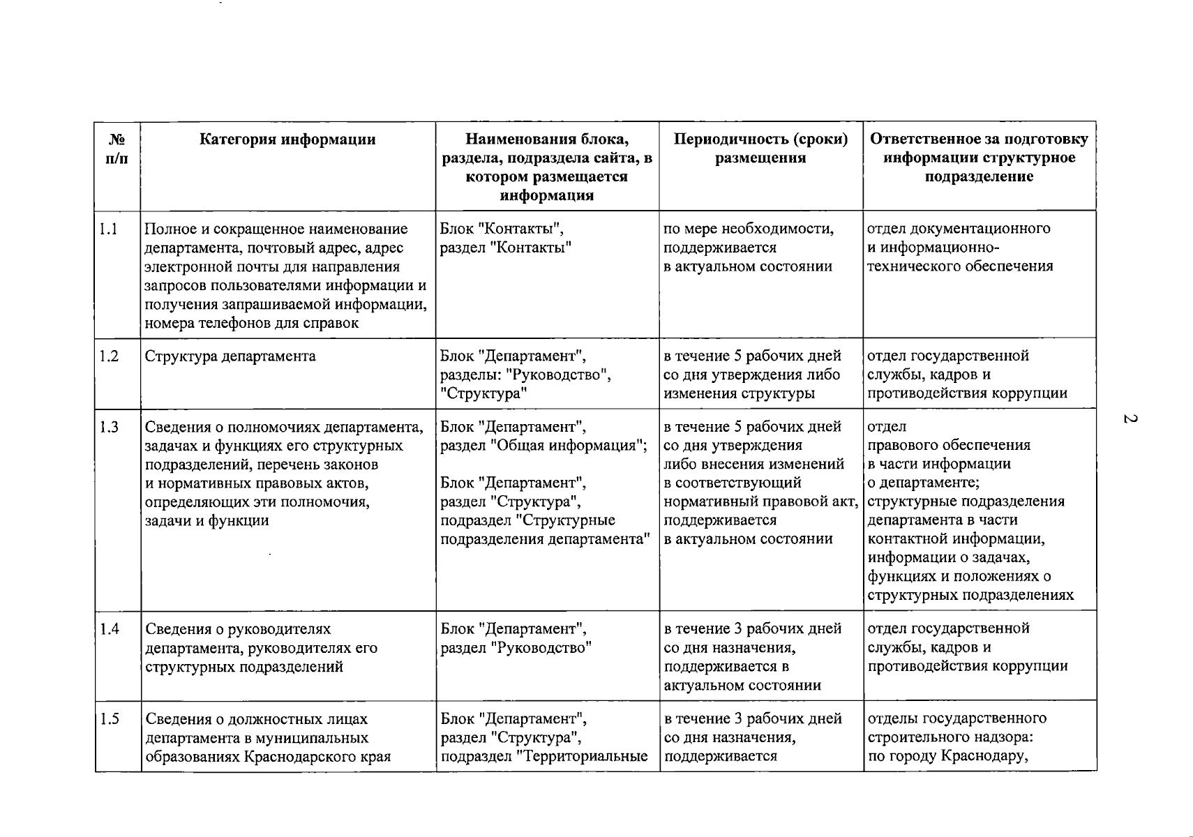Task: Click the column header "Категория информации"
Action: point(287,139)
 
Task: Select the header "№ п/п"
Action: point(117,149)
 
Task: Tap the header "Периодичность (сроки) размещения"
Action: point(760,149)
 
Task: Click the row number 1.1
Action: point(108,229)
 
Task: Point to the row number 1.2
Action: point(109,356)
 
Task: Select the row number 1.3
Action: point(109,427)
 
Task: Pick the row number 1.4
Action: point(109,629)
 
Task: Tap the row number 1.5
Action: point(109,719)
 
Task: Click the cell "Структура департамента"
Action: point(230,356)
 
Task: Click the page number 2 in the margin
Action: point(1130,419)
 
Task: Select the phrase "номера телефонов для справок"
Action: point(252,323)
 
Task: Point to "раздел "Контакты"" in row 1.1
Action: point(506,248)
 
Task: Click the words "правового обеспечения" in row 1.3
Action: point(949,446)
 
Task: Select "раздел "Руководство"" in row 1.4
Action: point(516,648)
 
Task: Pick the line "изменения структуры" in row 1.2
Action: point(739,393)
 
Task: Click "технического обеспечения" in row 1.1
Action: point(960,266)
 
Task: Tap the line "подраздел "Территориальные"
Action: point(544,756)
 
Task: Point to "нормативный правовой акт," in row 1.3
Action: point(760,502)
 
